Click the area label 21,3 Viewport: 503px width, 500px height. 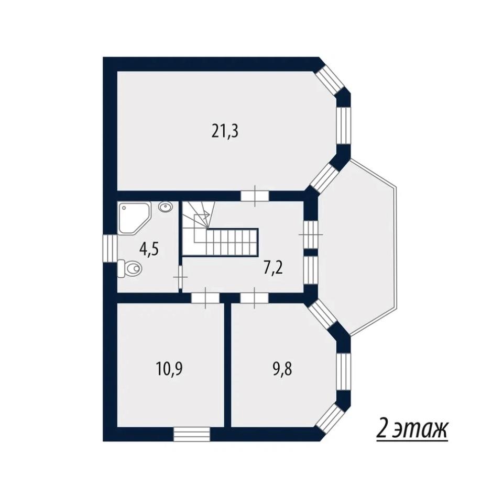pyautogui.click(x=225, y=131)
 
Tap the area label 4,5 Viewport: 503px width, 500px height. pyautogui.click(x=149, y=249)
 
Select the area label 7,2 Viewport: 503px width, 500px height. pyautogui.click(x=273, y=268)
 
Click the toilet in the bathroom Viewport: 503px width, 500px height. pyautogui.click(x=129, y=268)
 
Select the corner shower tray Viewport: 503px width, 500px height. pyautogui.click(x=134, y=218)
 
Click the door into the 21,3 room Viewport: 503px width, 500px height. pyautogui.click(x=255, y=196)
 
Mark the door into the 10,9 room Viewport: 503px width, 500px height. pyautogui.click(x=205, y=298)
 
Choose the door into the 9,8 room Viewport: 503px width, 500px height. pyautogui.click(x=255, y=298)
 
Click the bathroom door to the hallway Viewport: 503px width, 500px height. pyautogui.click(x=180, y=277)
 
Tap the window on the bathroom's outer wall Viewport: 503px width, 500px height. pyautogui.click(x=110, y=249)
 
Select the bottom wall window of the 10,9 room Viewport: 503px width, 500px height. pyautogui.click(x=192, y=434)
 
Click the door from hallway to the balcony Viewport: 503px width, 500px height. pyautogui.click(x=310, y=234)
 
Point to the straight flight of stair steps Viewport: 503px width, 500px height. pyautogui.click(x=232, y=242)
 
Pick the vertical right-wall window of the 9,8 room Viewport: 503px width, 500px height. pyautogui.click(x=343, y=371)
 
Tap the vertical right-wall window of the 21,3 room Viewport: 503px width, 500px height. pyautogui.click(x=343, y=126)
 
